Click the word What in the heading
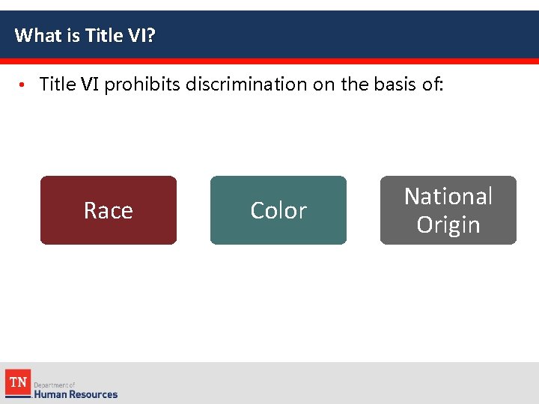coord(35,35)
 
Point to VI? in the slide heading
coord(140,35)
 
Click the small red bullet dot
coord(23,85)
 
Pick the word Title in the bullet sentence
coord(57,85)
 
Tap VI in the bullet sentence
coord(89,85)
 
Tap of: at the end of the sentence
coord(433,85)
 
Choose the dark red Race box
coord(109,210)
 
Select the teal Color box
coord(278,210)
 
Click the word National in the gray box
coord(448,196)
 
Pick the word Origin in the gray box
coord(448,224)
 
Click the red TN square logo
coord(17,383)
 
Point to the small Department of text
coord(54,385)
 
